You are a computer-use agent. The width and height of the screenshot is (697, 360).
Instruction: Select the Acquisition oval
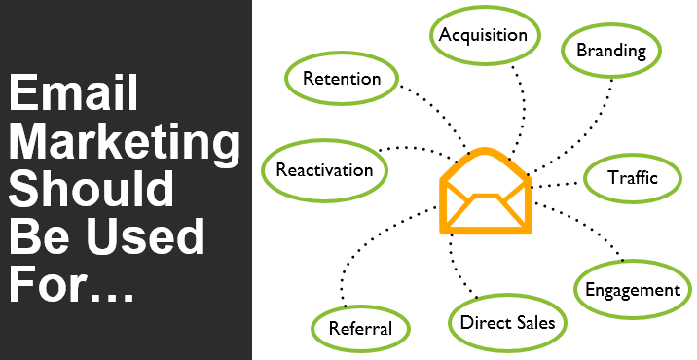click(x=483, y=35)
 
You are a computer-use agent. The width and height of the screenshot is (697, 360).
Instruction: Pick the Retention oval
click(x=341, y=79)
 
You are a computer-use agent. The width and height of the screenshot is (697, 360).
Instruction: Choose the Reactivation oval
click(x=324, y=170)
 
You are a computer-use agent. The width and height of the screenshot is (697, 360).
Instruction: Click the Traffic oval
click(x=633, y=178)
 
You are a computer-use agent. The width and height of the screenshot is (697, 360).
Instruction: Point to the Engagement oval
click(x=632, y=289)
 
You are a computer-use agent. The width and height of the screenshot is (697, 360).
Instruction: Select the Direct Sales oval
click(x=507, y=321)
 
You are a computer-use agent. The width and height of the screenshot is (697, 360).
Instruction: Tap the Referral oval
click(x=360, y=328)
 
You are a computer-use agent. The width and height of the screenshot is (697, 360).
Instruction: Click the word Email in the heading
click(x=73, y=94)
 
